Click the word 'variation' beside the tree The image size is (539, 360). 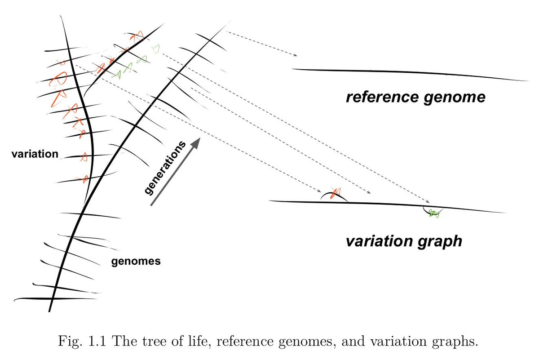click(35, 154)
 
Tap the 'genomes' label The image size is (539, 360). click(136, 261)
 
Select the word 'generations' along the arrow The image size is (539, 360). click(165, 168)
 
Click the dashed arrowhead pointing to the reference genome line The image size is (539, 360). click(295, 55)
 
